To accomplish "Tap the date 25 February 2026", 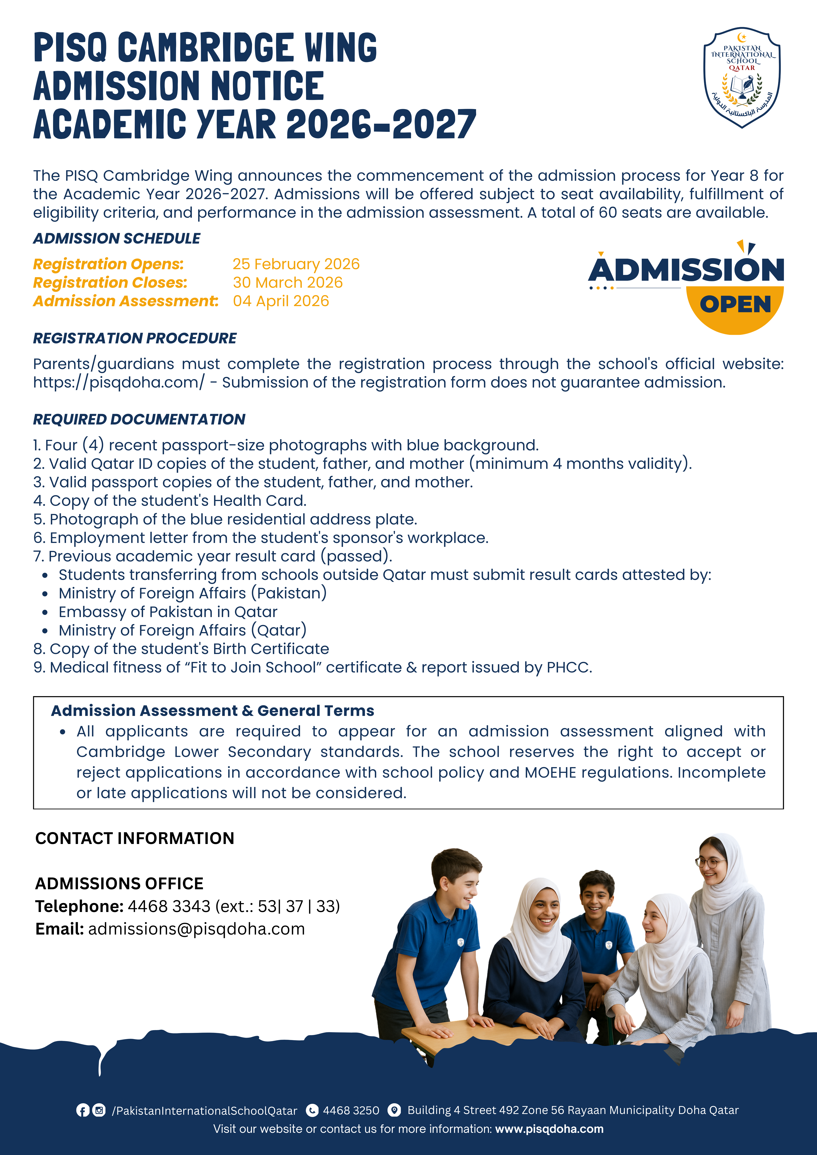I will tap(296, 264).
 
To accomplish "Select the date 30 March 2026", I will tap(287, 283).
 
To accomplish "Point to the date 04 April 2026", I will tap(281, 301).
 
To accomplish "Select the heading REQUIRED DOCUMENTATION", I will tap(139, 419).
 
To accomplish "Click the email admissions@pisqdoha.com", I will tap(196, 929).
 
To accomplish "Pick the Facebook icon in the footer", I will tap(83, 1110).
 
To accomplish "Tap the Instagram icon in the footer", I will tap(99, 1110).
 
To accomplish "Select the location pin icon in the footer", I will tap(395, 1110).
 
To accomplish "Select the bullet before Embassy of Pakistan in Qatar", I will tap(45, 613).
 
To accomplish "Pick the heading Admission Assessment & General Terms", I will tap(212, 711).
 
